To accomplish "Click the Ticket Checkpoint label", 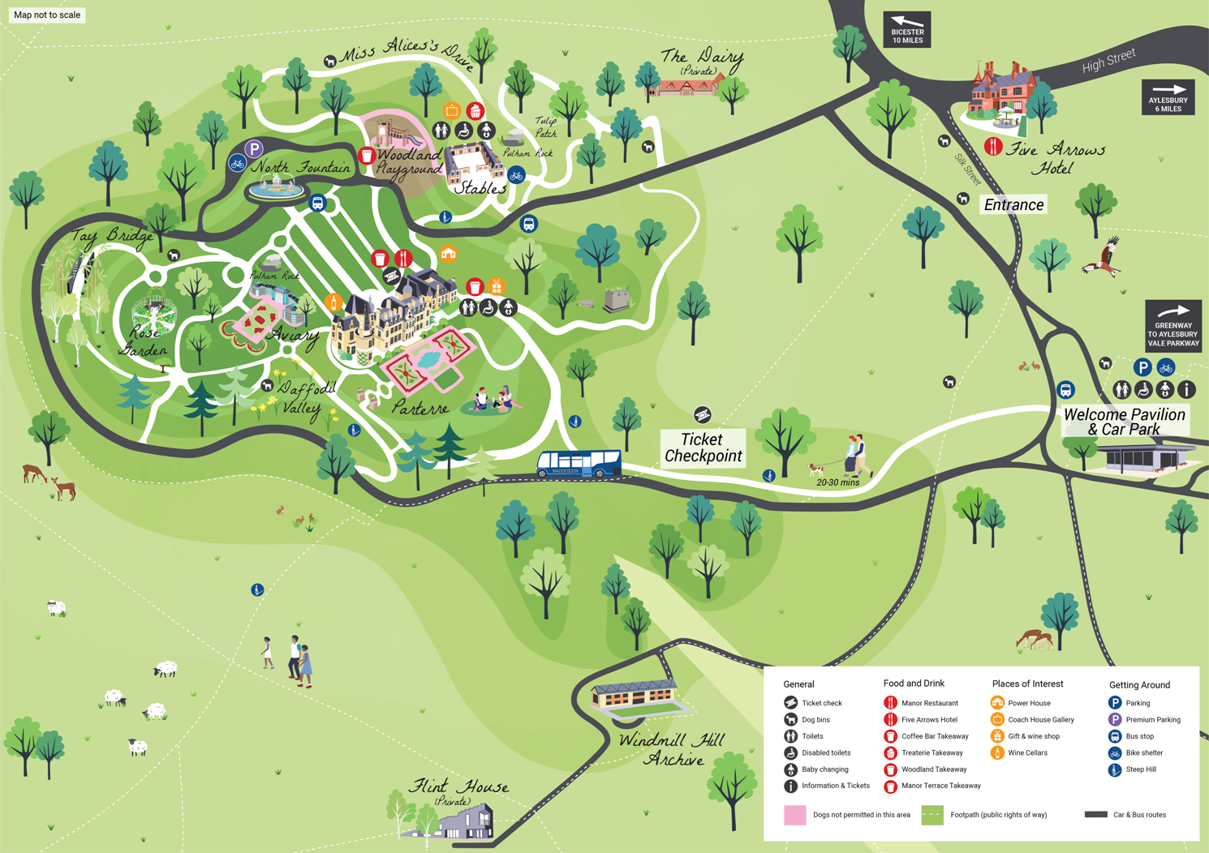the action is pyautogui.click(x=703, y=448).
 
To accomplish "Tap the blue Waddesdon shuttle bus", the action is pyautogui.click(x=579, y=465).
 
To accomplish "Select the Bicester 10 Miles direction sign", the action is pyautogui.click(x=907, y=30).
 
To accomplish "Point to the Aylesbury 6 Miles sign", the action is pyautogui.click(x=1168, y=97).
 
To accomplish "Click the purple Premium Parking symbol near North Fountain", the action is pyautogui.click(x=254, y=148).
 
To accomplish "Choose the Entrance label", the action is pyautogui.click(x=1013, y=205).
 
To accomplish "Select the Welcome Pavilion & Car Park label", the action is pyautogui.click(x=1125, y=422).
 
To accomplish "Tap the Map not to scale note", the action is pyautogui.click(x=47, y=15).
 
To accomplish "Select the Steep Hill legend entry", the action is pyautogui.click(x=1132, y=769).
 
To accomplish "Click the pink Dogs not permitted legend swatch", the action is pyautogui.click(x=794, y=815).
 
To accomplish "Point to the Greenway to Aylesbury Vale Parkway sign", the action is pyautogui.click(x=1173, y=326).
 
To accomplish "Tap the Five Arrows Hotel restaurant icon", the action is pyautogui.click(x=993, y=146).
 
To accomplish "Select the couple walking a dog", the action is pyautogui.click(x=842, y=457).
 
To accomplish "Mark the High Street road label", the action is pyautogui.click(x=1108, y=60).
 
